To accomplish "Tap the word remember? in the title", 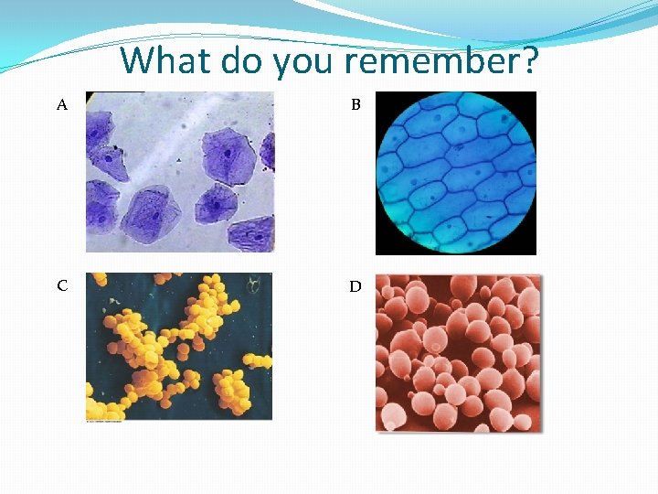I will [442, 61].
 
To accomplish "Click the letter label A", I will [62, 105].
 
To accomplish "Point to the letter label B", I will [356, 105].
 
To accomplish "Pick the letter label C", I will [62, 285].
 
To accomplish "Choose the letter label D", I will [356, 286].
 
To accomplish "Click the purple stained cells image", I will [180, 171].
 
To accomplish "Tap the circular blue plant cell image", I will [456, 172].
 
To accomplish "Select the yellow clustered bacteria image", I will [179, 347].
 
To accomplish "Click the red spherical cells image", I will [458, 352].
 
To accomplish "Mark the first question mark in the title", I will [529, 61].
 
